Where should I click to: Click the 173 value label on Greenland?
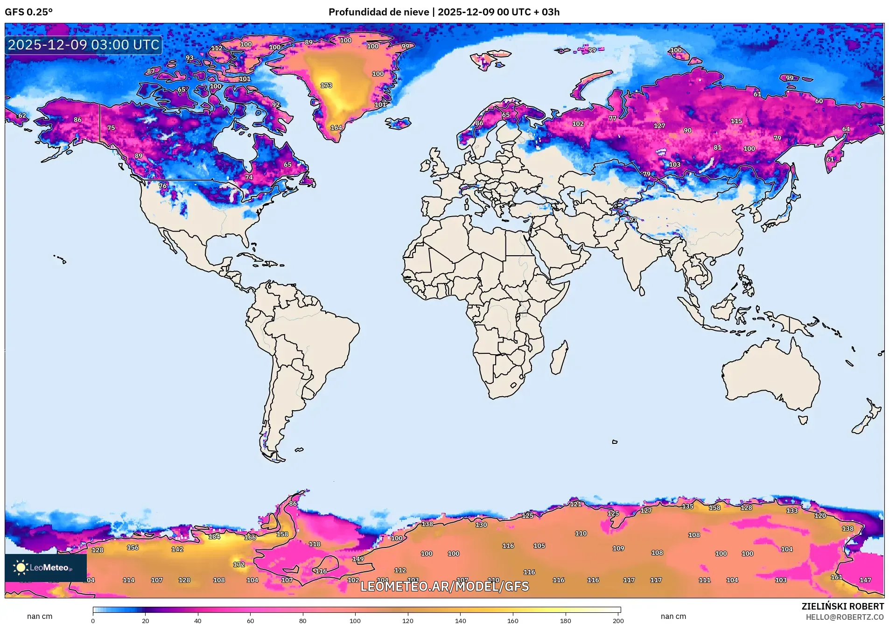(326, 85)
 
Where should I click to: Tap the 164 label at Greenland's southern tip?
(336, 127)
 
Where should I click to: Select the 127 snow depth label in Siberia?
(659, 126)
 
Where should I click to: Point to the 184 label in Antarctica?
(214, 536)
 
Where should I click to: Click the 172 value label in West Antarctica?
(239, 564)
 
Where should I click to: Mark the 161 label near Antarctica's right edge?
(836, 577)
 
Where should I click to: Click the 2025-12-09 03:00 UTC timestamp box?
(84, 45)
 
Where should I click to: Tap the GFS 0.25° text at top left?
(28, 12)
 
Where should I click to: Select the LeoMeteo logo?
(45, 568)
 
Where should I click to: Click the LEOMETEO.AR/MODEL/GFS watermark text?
(444, 586)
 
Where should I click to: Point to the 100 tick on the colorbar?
(355, 620)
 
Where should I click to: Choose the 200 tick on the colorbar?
(618, 620)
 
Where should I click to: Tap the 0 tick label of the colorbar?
(93, 620)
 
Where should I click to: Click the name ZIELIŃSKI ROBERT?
(842, 606)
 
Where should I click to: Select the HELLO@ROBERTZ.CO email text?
(845, 617)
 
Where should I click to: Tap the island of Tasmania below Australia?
(803, 420)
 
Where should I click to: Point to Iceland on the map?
(398, 123)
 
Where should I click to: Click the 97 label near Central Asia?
(632, 219)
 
